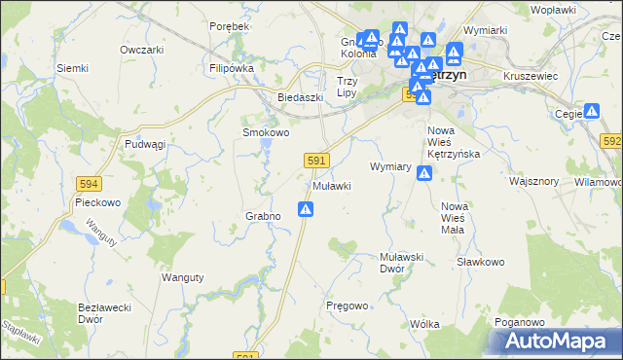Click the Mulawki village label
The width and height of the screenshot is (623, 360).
[x=331, y=186]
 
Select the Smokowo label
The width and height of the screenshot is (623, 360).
[x=266, y=132]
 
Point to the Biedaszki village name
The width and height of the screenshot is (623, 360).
[x=300, y=98]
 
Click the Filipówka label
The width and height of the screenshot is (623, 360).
[x=231, y=69]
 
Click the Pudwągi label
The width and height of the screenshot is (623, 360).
[x=146, y=143]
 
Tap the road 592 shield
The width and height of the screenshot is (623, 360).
[x=611, y=141]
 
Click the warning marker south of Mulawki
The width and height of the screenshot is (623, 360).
[x=306, y=208]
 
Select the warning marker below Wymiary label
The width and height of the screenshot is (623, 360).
[x=424, y=173]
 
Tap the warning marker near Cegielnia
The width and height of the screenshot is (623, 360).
[x=591, y=112]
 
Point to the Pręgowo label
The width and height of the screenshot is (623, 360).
[x=347, y=306]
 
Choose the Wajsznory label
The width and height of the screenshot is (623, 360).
[x=533, y=181]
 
